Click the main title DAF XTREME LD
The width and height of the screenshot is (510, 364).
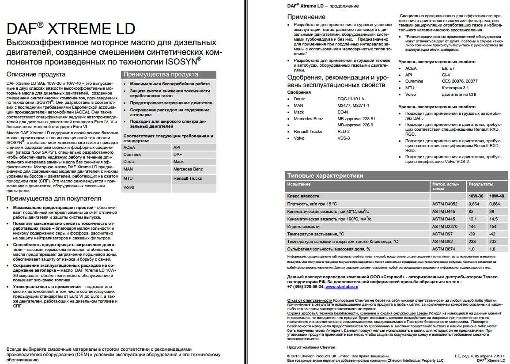pyautogui.click(x=71, y=29)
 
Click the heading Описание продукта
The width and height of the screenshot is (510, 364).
pyautogui.click(x=36, y=74)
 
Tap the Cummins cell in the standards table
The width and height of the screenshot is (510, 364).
pyautogui.click(x=132, y=155)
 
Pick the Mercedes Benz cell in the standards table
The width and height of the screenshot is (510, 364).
pyautogui.click(x=188, y=169)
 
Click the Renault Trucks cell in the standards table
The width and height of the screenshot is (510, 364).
pyautogui.click(x=188, y=178)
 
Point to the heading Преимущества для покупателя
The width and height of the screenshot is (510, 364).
pyautogui.click(x=53, y=198)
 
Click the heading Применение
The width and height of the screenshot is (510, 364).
pyautogui.click(x=306, y=17)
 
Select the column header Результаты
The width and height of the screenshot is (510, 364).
pyautogui.click(x=481, y=184)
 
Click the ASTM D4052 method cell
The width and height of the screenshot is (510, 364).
pyautogui.click(x=445, y=204)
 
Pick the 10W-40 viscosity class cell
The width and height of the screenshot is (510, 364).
pyautogui.click(x=497, y=196)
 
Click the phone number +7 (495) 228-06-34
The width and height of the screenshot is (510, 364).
pyautogui.click(x=305, y=287)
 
